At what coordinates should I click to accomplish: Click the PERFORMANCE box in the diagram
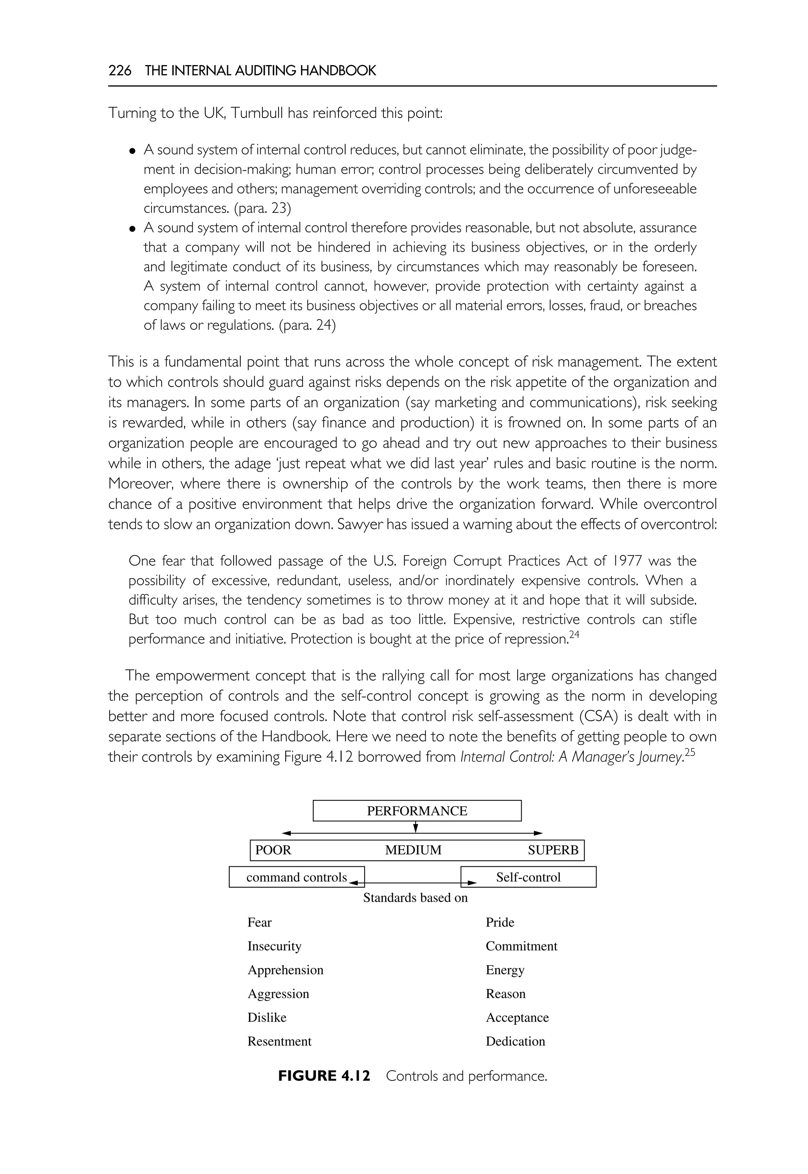point(417,811)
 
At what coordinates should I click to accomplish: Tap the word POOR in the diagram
point(273,850)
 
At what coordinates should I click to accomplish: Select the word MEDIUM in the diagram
point(413,850)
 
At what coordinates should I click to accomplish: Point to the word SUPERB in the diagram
point(553,850)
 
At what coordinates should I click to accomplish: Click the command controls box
point(296,877)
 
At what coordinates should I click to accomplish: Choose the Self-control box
point(528,877)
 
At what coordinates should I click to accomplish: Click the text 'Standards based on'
point(415,897)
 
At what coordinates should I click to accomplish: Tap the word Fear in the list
point(259,922)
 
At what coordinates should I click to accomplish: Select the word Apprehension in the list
point(285,970)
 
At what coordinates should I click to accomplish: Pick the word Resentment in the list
point(279,1041)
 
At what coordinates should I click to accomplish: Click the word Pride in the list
point(500,922)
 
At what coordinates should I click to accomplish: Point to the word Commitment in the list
point(521,946)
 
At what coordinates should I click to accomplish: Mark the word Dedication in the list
point(515,1041)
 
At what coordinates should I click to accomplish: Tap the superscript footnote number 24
point(574,634)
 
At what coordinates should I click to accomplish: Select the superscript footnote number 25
point(690,752)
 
